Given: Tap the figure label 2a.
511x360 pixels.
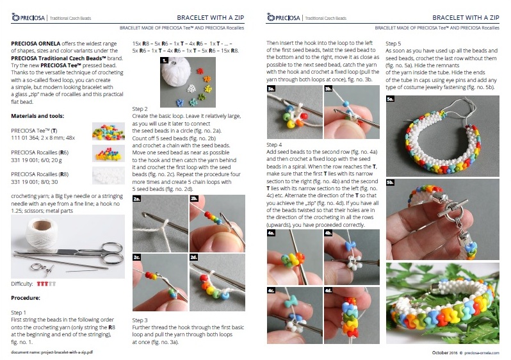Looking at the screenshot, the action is (x=137, y=199).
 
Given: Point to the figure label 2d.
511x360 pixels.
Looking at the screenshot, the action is (x=194, y=258).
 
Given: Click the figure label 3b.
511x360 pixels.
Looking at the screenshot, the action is (x=328, y=88).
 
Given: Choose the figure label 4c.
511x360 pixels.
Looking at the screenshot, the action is (x=271, y=291).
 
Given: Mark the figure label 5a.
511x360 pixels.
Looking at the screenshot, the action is (x=391, y=99).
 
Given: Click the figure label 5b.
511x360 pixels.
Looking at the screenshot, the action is (x=391, y=183).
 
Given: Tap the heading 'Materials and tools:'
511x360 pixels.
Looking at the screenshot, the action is (x=38, y=116).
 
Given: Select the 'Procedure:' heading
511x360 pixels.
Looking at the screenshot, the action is (x=26, y=298).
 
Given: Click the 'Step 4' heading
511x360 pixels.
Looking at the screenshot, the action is (x=274, y=145).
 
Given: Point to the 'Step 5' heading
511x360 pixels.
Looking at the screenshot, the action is (x=393, y=44).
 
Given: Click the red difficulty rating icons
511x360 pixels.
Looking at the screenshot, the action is (x=42, y=284).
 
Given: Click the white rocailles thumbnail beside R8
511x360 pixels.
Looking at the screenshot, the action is (x=108, y=176).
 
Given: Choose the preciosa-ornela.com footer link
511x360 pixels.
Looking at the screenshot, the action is (x=482, y=353).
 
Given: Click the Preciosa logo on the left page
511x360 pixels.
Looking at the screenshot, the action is (x=28, y=17).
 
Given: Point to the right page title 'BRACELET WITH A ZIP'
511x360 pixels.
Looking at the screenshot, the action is (x=466, y=17).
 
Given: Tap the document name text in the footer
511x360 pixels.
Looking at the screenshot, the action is (x=52, y=352).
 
